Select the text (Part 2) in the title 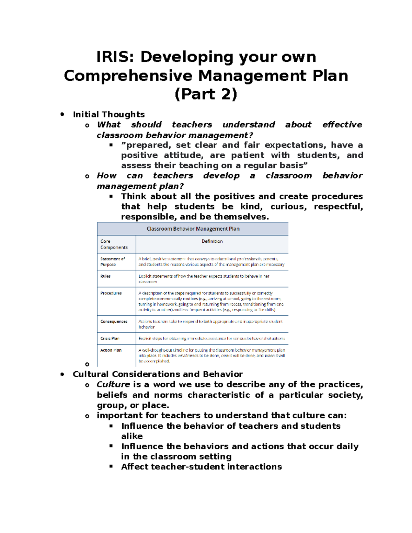point(206,94)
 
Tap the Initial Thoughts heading point(108,114)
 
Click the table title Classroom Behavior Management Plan point(193,229)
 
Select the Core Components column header point(114,244)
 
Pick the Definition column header point(212,241)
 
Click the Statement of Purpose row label point(112,262)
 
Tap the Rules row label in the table point(105,276)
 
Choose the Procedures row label point(111,293)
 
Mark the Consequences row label point(114,321)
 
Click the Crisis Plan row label point(110,338)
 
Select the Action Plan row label point(111,350)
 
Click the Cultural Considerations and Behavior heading point(158,374)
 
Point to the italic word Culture point(113,384)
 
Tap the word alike point(132,436)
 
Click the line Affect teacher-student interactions point(201,467)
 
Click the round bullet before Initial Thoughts point(62,114)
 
